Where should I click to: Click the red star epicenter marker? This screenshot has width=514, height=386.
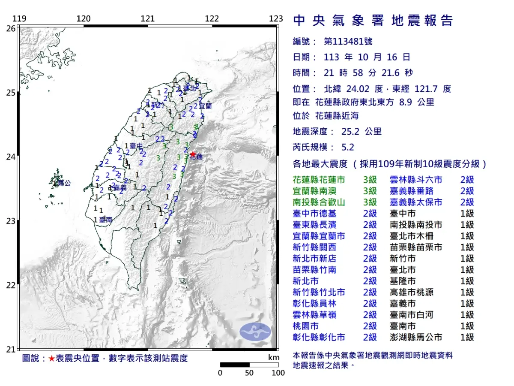[193, 154]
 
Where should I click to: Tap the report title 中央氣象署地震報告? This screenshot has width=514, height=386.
[373, 21]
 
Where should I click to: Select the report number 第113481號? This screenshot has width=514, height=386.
[348, 42]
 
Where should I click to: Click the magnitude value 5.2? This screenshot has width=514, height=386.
[348, 147]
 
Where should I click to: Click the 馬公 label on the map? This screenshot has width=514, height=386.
[64, 183]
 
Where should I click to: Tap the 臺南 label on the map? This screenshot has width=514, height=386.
[106, 220]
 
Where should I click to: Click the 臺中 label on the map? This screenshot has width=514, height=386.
[136, 146]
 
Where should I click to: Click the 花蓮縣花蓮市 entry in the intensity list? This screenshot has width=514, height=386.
[318, 180]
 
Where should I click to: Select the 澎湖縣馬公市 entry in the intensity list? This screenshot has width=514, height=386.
[416, 338]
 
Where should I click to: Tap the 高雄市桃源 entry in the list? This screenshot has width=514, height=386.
[411, 293]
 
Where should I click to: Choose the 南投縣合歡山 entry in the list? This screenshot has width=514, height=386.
[318, 202]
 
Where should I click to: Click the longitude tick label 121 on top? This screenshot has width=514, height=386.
[148, 19]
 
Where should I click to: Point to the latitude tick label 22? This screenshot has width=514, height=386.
[10, 285]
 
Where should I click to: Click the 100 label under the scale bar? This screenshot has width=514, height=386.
[278, 373]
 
